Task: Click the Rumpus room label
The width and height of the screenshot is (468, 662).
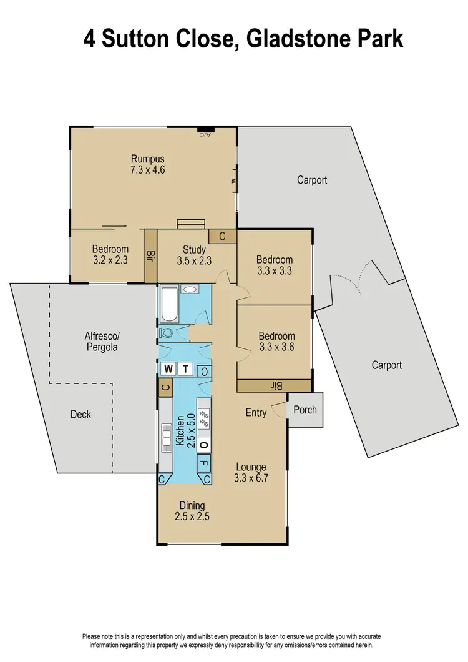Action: click(x=147, y=158)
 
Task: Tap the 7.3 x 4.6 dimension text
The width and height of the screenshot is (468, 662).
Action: click(x=147, y=169)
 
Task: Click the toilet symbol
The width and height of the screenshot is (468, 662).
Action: click(x=166, y=333)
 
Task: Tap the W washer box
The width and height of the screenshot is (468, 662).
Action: click(x=168, y=370)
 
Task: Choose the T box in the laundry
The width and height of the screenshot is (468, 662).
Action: click(x=185, y=370)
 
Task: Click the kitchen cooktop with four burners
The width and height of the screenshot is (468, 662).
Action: click(x=204, y=415)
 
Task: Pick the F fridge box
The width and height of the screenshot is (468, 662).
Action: click(x=204, y=463)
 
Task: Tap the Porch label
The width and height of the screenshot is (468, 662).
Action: click(x=305, y=410)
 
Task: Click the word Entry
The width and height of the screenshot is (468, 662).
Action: click(x=256, y=412)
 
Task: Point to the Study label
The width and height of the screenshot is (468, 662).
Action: click(x=194, y=250)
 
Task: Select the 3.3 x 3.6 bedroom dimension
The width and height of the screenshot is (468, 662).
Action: click(x=276, y=347)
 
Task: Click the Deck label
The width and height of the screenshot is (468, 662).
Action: click(x=80, y=414)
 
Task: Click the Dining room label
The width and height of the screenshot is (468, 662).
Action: click(x=192, y=505)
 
